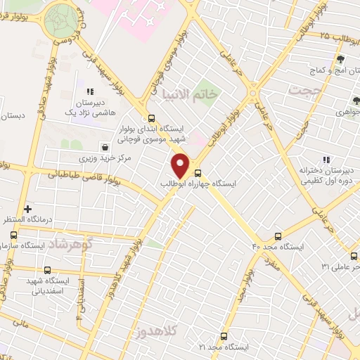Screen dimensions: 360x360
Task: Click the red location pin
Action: click(181, 165)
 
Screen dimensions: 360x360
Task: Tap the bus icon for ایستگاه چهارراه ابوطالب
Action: click(198, 172)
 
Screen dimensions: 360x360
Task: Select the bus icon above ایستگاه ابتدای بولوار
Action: click(150, 119)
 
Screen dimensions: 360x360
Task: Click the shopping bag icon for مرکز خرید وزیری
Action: click(105, 148)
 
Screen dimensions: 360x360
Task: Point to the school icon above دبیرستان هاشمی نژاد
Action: click(89, 91)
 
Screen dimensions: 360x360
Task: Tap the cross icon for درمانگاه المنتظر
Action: click(27, 209)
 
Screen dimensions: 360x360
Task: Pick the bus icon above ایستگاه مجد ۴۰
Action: click(278, 237)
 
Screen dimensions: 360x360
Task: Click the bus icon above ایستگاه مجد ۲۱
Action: click(224, 336)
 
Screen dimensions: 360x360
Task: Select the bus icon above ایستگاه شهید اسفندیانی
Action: click(47, 270)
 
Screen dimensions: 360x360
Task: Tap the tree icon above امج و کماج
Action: click(340, 60)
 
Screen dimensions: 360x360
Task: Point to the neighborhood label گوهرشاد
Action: click(82, 243)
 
